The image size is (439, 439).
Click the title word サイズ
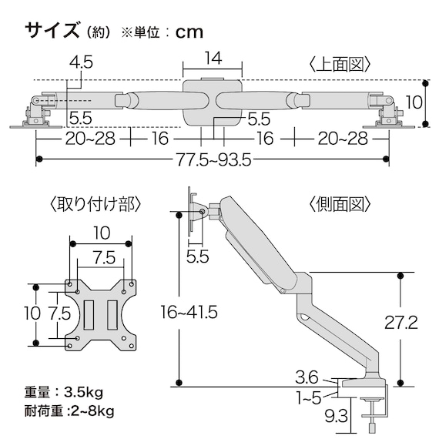[51, 31]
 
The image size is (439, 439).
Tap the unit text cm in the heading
[189, 32]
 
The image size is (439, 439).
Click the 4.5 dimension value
[79, 63]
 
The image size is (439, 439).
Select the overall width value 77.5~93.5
[211, 160]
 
